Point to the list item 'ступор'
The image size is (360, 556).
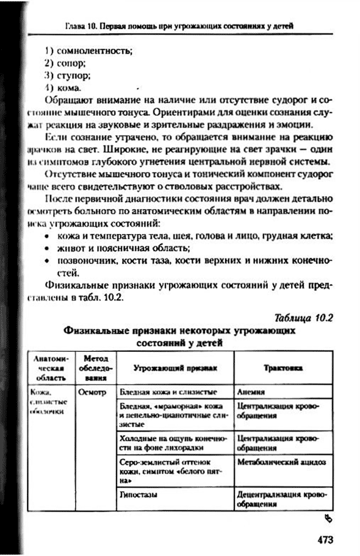[77, 76]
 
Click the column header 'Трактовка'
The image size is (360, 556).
[284, 368]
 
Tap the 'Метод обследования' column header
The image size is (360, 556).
[95, 368]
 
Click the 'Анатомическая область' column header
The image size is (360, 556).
[52, 368]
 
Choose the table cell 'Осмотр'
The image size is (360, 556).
[93, 393]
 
